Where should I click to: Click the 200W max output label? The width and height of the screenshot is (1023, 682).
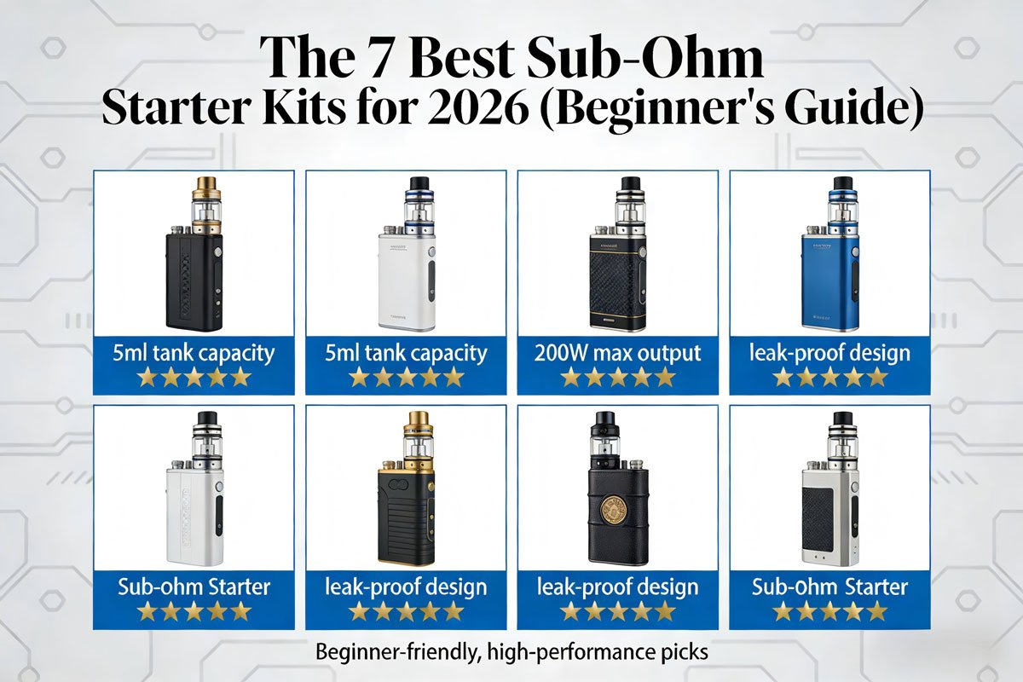click(x=618, y=353)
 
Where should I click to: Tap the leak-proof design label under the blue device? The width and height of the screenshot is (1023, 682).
click(x=830, y=353)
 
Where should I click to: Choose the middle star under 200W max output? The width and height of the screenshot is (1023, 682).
click(x=618, y=376)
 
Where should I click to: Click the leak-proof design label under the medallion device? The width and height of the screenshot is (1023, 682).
click(x=618, y=587)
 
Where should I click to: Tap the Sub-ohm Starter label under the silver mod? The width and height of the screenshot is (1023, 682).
click(x=830, y=587)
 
